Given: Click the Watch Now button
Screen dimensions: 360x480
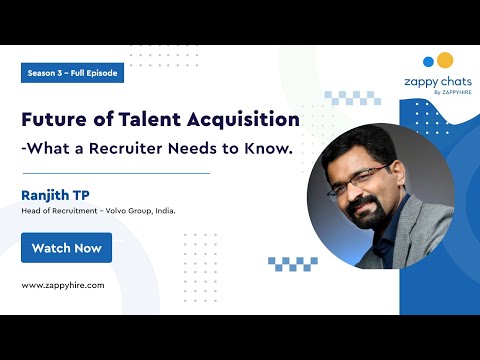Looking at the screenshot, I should click(66, 247).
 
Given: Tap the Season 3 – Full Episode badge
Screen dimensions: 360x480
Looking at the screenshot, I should click(72, 73).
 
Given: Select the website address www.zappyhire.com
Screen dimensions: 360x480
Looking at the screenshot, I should click(63, 285).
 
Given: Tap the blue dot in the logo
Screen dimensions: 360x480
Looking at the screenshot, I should click(429, 60).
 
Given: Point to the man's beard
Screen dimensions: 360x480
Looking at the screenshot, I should click(366, 213).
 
